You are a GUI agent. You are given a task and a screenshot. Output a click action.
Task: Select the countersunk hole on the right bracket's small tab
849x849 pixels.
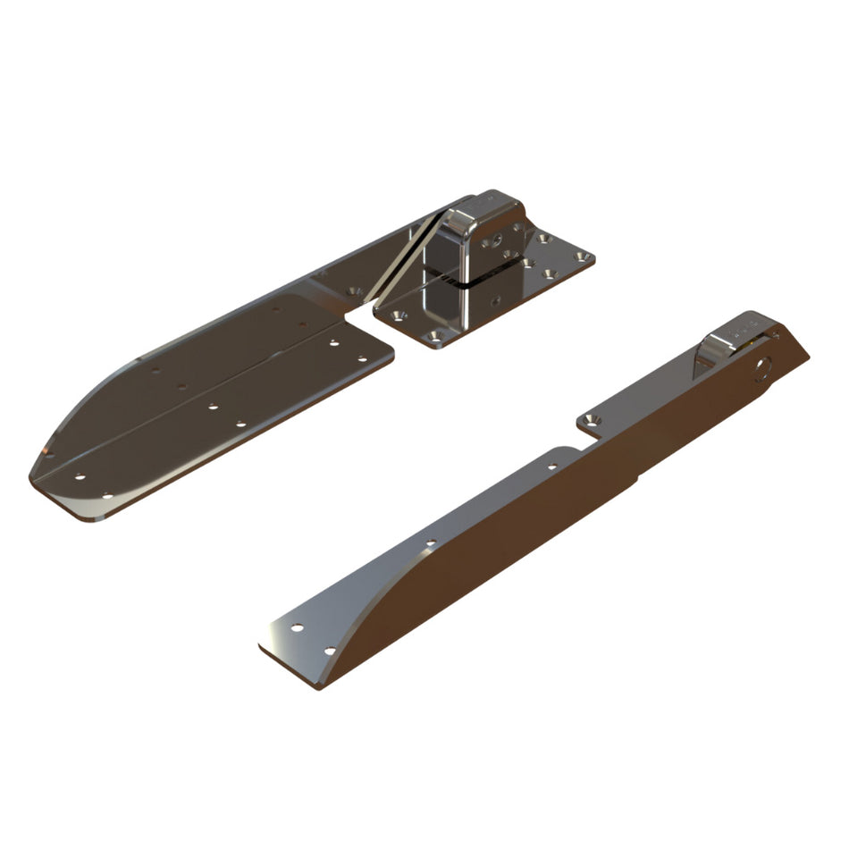pyautogui.click(x=589, y=418)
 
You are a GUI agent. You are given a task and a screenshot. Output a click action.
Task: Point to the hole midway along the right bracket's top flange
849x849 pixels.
pyautogui.click(x=431, y=542)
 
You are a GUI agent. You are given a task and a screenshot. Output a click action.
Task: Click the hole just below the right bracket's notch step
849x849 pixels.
pyautogui.click(x=551, y=466)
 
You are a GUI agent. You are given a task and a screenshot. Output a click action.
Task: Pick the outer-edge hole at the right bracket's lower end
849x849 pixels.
pyautogui.click(x=297, y=627)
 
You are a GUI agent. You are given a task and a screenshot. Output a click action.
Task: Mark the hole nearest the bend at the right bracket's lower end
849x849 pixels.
pyautogui.click(x=330, y=651)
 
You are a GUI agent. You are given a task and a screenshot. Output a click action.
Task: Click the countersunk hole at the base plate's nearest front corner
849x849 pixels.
pyautogui.click(x=435, y=336)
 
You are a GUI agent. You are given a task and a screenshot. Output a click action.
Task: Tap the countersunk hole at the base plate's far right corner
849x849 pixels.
pyautogui.click(x=583, y=256)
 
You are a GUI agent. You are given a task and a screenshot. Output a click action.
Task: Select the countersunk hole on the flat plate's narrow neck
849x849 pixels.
pyautogui.click(x=355, y=291)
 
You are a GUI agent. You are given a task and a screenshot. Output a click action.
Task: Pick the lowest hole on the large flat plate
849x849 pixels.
pyautogui.click(x=106, y=494)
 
